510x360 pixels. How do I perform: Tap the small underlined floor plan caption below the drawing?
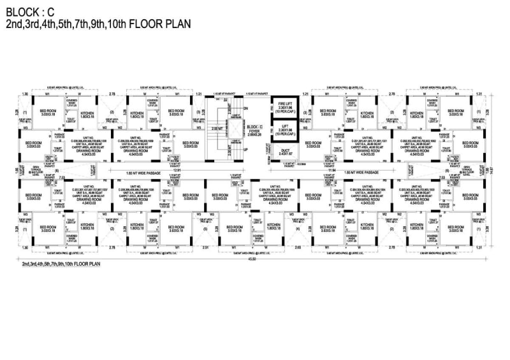click(61, 263)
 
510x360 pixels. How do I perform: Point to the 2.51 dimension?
click(203, 247)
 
